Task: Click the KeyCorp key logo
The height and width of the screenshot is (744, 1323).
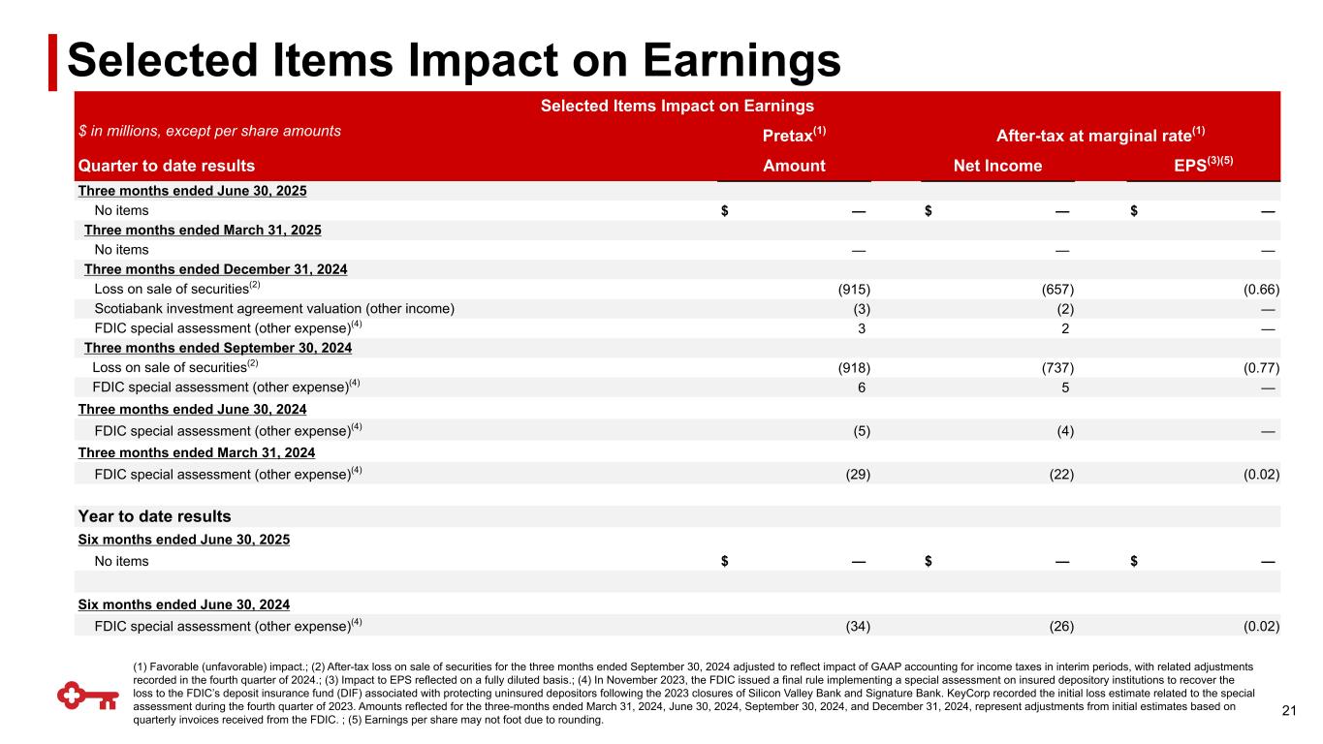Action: pos(84,695)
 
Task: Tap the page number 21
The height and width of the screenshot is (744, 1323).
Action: pos(1288,712)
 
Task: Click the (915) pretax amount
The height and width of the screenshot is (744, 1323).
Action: pos(854,290)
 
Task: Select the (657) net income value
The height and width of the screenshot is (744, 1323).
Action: pos(1057,290)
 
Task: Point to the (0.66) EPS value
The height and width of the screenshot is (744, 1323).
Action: pos(1261,290)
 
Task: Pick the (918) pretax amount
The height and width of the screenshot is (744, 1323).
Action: pos(854,367)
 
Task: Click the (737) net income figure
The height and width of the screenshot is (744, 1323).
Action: pos(1057,367)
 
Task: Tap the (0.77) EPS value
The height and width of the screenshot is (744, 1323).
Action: pos(1261,367)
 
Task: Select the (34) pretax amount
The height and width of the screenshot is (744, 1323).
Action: pos(857,626)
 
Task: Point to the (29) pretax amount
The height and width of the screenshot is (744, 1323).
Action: pos(857,474)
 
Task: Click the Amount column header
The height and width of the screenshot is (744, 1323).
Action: pos(794,166)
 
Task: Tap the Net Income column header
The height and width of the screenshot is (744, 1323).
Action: pos(997,166)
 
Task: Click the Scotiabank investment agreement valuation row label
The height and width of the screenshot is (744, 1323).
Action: pos(274,309)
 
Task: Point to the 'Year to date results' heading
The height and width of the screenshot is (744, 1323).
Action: pos(154,516)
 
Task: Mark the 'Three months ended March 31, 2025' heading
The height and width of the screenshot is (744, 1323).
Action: pos(203,231)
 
